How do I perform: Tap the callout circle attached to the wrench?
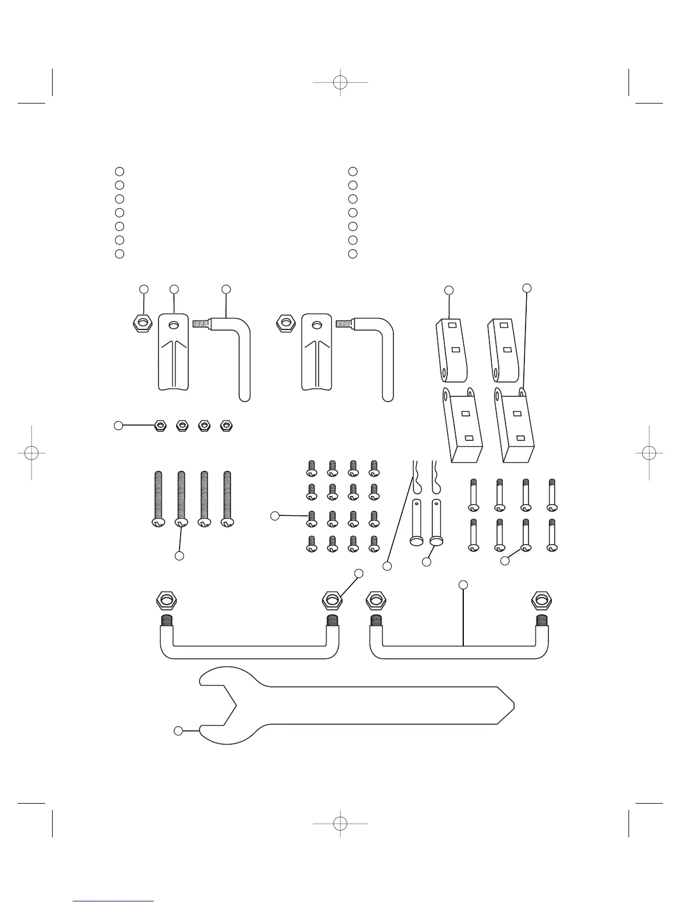point(178,731)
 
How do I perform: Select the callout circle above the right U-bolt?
point(463,584)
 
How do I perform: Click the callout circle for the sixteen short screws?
point(275,516)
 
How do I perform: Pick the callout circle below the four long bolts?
point(179,555)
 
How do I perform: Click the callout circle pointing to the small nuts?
point(118,425)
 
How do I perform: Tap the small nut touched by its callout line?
point(161,425)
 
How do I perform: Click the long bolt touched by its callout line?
point(181,498)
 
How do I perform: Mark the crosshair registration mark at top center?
point(340,82)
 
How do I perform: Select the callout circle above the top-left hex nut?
point(144,289)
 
